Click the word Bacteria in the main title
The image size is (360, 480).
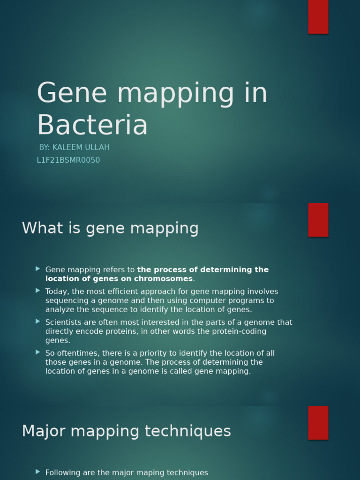point(92,125)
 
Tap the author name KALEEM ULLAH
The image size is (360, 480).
point(81,147)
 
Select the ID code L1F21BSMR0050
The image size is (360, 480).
point(68,160)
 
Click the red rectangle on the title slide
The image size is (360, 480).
point(318,16)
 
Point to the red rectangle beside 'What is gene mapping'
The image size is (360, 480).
point(318,219)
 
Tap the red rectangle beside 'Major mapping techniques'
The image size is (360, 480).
point(318,422)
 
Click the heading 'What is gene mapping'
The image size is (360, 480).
point(110,228)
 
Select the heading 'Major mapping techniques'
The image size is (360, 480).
point(126,431)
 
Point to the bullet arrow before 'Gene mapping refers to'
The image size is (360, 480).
point(37,269)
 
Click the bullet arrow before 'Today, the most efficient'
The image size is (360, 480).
point(37,291)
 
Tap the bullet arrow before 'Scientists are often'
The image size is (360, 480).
point(37,322)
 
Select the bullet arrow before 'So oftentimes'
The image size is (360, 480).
point(37,352)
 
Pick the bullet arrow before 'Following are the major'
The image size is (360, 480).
point(37,472)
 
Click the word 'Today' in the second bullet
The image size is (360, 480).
point(57,292)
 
